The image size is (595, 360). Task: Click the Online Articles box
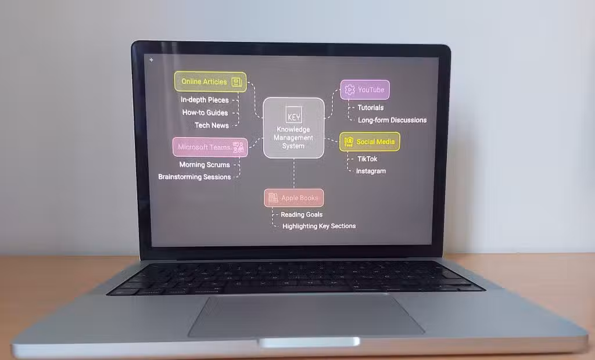pos(210,81)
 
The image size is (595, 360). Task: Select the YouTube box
pos(365,90)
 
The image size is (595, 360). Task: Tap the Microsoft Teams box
pos(210,147)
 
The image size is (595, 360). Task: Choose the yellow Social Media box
pos(370,142)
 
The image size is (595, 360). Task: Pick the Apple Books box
pos(293,197)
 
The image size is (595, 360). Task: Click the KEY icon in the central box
pos(293,115)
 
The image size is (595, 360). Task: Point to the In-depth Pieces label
pos(205,100)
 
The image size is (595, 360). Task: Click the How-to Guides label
pos(205,113)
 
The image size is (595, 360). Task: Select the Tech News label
pos(212,125)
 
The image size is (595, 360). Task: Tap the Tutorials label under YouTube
pos(370,108)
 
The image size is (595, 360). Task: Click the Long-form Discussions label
pos(392,120)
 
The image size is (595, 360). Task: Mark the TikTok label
pos(367,159)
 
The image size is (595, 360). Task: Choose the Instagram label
pos(371,171)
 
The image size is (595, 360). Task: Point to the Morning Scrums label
pos(205,165)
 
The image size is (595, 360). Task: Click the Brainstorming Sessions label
pos(194,177)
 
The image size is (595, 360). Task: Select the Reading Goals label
pos(302,214)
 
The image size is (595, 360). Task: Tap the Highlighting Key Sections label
pos(319,226)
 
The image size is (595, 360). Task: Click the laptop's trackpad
pos(306,316)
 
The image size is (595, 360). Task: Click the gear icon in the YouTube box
pos(349,90)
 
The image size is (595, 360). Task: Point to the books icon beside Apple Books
pos(273,197)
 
